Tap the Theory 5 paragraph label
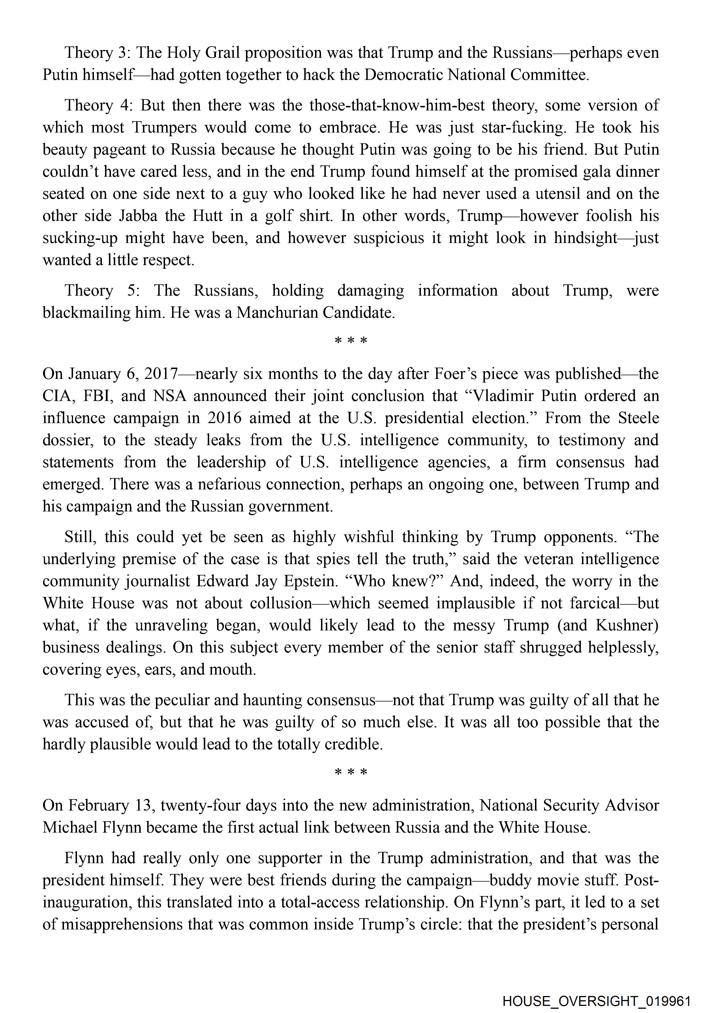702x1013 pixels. point(98,291)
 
